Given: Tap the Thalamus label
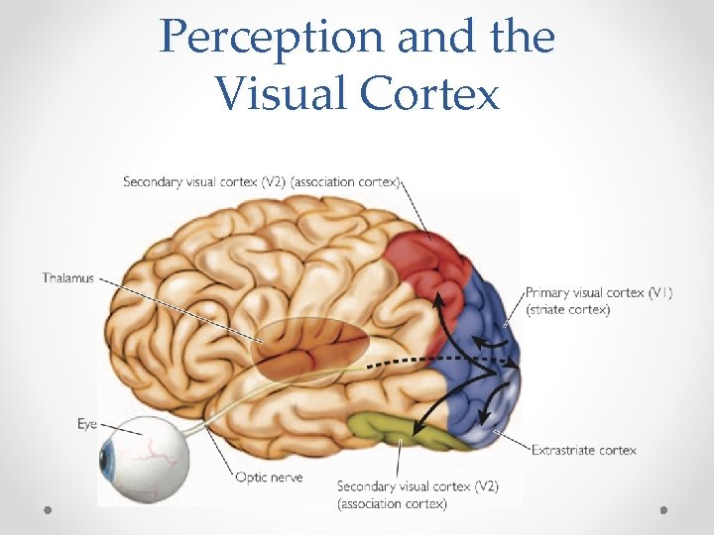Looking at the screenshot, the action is pos(68,278).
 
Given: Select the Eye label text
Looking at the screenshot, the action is pos(87,424).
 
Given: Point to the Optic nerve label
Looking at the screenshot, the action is pos(269,477).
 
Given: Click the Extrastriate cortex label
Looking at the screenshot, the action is pos(584,450).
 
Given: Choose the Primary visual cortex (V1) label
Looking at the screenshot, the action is pos(599,293).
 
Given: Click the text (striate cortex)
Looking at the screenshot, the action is pos(568,309).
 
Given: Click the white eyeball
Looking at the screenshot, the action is pos(149,458).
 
